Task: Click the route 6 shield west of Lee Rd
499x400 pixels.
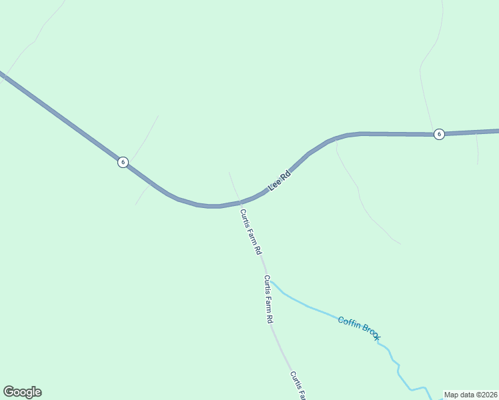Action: [x=123, y=162]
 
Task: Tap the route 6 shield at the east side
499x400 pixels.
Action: [x=438, y=134]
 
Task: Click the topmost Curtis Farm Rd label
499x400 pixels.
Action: [x=250, y=232]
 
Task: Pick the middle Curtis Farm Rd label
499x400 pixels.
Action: [x=268, y=299]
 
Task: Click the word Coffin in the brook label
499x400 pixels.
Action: [x=350, y=323]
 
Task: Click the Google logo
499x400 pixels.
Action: [x=22, y=392]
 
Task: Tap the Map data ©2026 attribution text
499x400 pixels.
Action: [x=470, y=395]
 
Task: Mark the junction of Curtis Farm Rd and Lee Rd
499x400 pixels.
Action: [x=239, y=201]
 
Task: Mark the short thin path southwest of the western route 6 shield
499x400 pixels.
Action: [x=141, y=196]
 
